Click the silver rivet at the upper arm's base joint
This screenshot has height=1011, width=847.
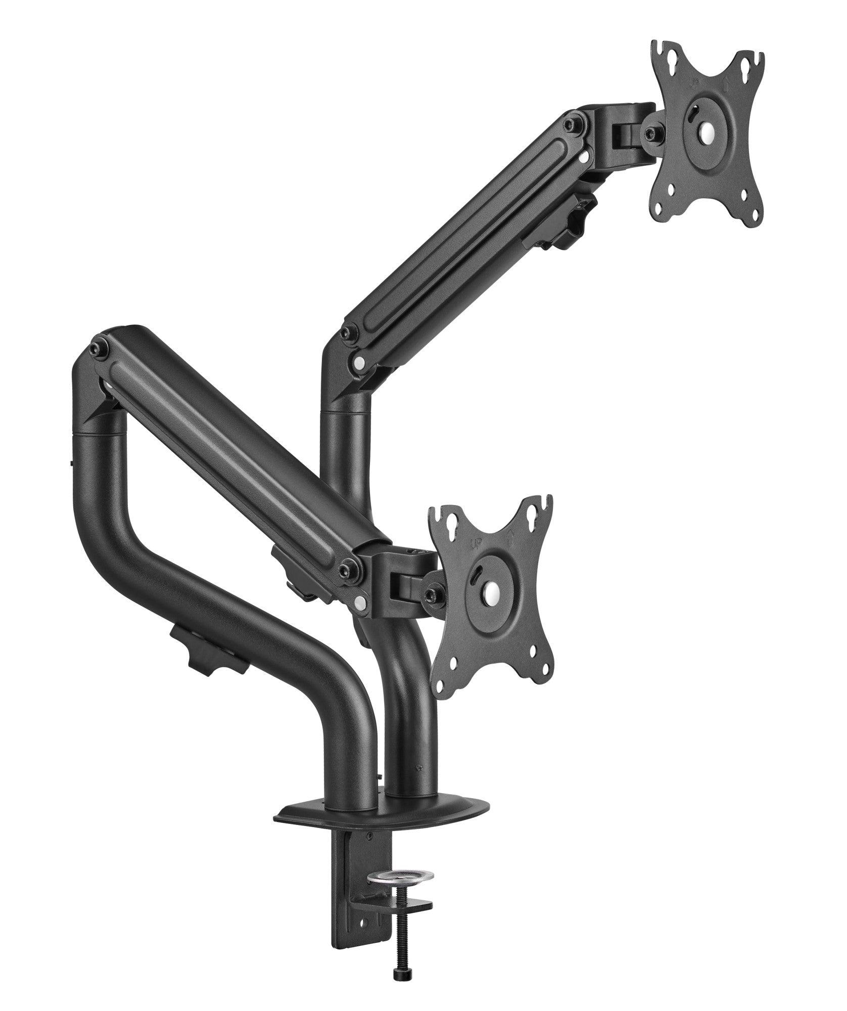click(x=359, y=362)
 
